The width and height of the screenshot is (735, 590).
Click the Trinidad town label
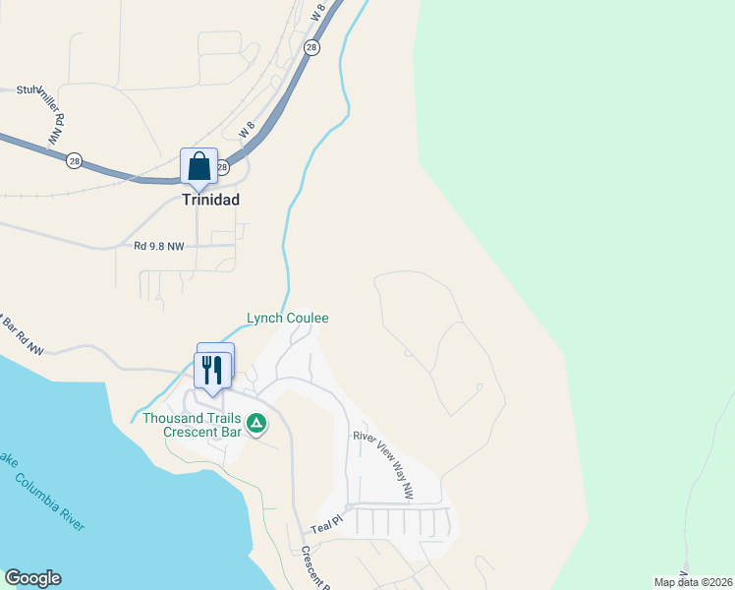[210, 199]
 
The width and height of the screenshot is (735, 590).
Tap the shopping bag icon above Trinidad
[198, 166]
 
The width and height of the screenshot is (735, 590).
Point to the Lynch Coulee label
[287, 318]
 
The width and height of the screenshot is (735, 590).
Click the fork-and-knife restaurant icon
[212, 370]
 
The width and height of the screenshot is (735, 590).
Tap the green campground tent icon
[256, 424]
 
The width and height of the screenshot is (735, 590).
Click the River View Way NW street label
[383, 451]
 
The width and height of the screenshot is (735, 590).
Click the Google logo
[32, 578]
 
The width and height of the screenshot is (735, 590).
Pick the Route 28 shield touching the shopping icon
[223, 167]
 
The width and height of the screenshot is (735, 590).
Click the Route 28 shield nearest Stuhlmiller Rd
[74, 159]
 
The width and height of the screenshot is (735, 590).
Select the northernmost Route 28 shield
[311, 47]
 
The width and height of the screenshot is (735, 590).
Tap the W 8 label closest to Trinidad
[246, 131]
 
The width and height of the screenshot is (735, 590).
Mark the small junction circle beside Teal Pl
[348, 507]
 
